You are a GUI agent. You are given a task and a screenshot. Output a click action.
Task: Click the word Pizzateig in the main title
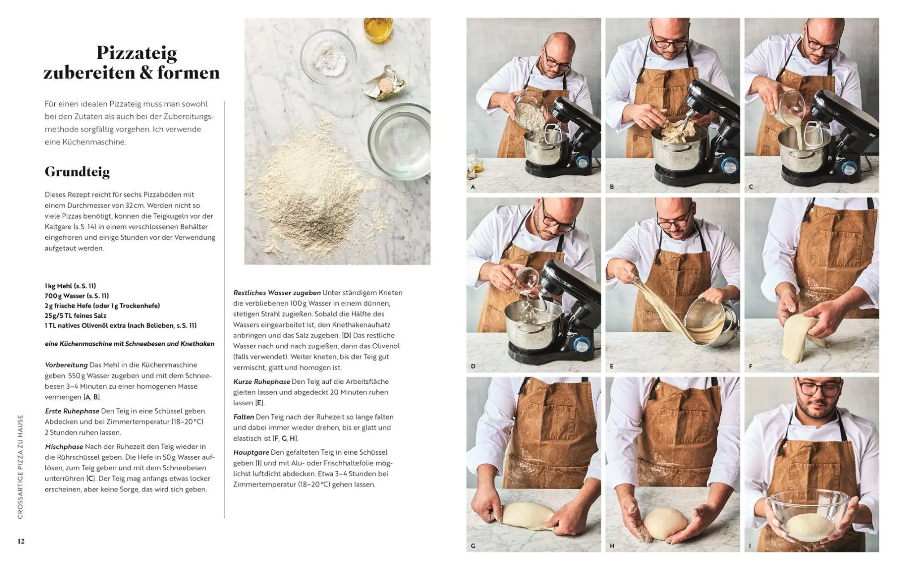pyautogui.click(x=136, y=53)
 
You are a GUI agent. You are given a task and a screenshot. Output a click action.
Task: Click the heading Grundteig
pyautogui.click(x=77, y=172)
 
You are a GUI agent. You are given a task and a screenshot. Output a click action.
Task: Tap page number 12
pyautogui.click(x=21, y=541)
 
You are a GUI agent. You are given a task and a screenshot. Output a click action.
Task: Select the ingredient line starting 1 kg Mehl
pyautogui.click(x=70, y=286)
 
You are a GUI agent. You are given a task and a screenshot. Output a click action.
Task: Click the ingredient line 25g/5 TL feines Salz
pyautogui.click(x=75, y=316)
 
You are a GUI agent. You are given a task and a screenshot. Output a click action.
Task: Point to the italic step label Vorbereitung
pyautogui.click(x=66, y=365)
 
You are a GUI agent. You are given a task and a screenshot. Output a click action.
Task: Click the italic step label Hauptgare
pyautogui.click(x=251, y=452)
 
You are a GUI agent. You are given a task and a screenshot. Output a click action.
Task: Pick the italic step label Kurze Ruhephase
pyautogui.click(x=261, y=381)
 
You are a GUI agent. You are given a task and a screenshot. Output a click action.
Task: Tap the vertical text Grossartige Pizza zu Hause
pyautogui.click(x=20, y=467)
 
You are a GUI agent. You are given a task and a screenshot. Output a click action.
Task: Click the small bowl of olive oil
pyautogui.click(x=378, y=30)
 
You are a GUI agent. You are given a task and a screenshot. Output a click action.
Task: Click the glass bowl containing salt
pyautogui.click(x=328, y=57)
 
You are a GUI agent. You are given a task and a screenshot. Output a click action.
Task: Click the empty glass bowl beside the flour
pyautogui.click(x=399, y=141)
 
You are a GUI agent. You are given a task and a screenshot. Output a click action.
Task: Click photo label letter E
pyautogui.click(x=611, y=367)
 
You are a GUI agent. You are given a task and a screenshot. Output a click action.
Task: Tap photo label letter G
pyautogui.click(x=473, y=546)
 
